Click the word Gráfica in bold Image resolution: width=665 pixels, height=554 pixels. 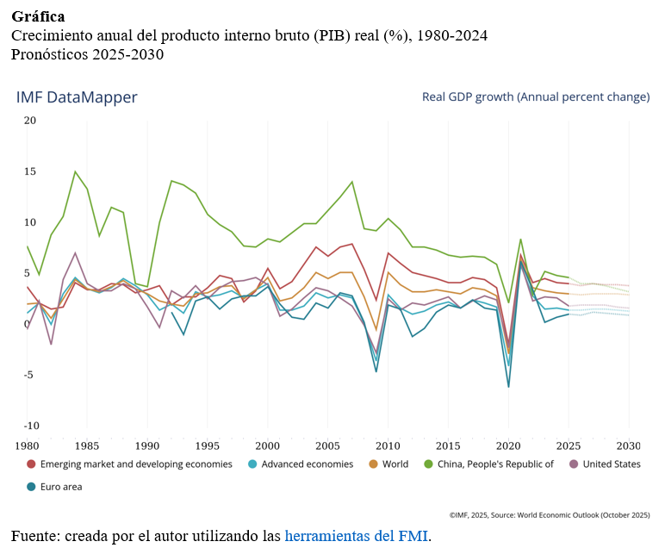point(38,16)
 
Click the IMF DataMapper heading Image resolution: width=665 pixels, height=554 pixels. point(77,97)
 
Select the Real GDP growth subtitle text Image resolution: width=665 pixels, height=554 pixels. point(535,96)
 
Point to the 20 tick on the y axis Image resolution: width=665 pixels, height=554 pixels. point(30,121)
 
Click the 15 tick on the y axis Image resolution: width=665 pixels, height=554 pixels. point(30,171)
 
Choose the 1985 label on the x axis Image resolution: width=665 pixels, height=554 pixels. point(86,445)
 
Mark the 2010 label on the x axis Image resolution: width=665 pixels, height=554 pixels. point(388,445)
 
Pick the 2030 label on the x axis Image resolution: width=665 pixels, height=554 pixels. point(629,445)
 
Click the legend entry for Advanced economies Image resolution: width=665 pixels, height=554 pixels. point(307,464)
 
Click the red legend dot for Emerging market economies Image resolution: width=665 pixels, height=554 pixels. point(32,464)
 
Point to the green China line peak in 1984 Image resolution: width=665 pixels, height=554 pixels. point(75,171)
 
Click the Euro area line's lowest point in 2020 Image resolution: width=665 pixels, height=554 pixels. point(508,386)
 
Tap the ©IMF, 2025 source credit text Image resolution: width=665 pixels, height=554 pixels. point(549,514)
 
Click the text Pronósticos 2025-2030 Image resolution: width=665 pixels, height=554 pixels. point(87,54)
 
